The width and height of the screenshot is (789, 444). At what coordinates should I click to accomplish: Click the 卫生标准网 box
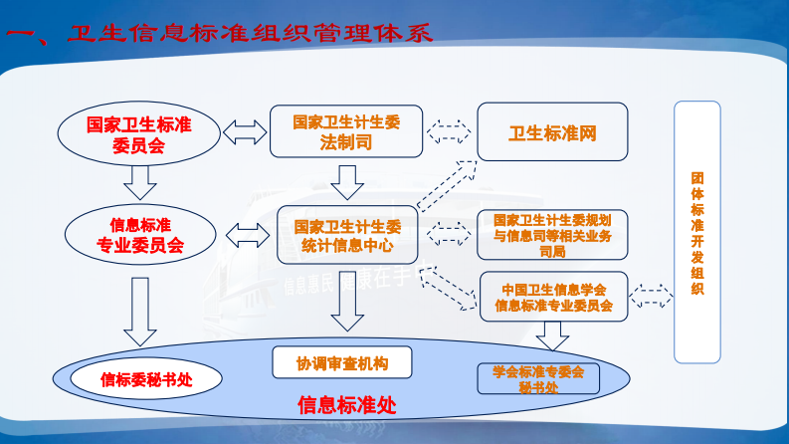[x=552, y=131]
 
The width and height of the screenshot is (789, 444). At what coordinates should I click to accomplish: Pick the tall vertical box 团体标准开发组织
[x=697, y=233]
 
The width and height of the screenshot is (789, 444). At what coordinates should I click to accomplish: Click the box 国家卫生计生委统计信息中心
[x=345, y=234]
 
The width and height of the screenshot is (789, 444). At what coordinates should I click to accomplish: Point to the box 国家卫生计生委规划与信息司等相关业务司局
[x=552, y=235]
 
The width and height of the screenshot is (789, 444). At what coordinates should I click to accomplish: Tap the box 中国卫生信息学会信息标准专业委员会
[x=553, y=297]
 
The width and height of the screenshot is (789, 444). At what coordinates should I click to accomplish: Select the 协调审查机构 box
[x=341, y=362]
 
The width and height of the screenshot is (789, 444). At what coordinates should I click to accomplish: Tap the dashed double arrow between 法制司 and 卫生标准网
[x=449, y=130]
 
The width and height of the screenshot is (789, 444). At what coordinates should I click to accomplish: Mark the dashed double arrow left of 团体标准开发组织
[x=652, y=296]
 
